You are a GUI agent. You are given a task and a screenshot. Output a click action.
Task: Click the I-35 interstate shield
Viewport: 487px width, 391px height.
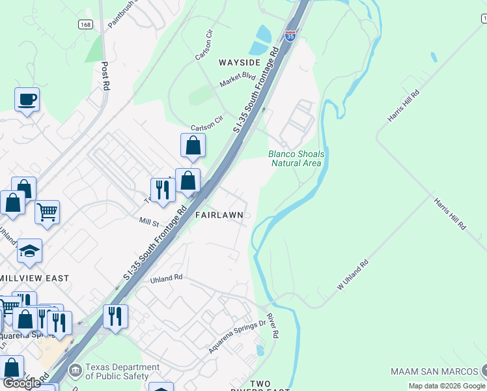(x=290, y=35)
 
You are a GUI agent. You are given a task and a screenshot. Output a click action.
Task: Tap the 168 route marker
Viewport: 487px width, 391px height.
(x=85, y=24)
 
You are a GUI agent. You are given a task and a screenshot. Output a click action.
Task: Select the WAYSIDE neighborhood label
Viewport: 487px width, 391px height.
(x=240, y=63)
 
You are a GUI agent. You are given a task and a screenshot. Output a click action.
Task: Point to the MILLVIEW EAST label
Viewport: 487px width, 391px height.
(x=35, y=278)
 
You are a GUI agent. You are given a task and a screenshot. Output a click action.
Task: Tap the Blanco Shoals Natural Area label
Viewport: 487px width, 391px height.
(x=296, y=158)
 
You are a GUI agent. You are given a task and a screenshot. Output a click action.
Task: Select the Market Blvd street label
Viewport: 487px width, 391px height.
(x=238, y=80)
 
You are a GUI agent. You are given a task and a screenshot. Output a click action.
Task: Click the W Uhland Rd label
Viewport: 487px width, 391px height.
(x=352, y=276)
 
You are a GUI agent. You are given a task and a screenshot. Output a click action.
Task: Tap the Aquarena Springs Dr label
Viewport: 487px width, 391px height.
(x=237, y=336)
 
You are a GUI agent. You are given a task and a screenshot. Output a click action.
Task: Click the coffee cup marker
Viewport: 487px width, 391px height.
(x=27, y=100)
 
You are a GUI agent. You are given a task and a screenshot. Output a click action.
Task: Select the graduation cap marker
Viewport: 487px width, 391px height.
(x=29, y=251)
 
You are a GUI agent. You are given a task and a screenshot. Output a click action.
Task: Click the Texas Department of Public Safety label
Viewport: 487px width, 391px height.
(x=122, y=371)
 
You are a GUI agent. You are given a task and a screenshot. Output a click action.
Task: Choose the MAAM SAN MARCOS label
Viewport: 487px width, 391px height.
(x=434, y=371)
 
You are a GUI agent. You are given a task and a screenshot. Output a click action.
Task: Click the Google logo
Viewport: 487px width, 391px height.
(x=21, y=383)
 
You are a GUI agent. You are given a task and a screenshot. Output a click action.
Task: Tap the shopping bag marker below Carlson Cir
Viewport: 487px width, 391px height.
(x=193, y=146)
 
